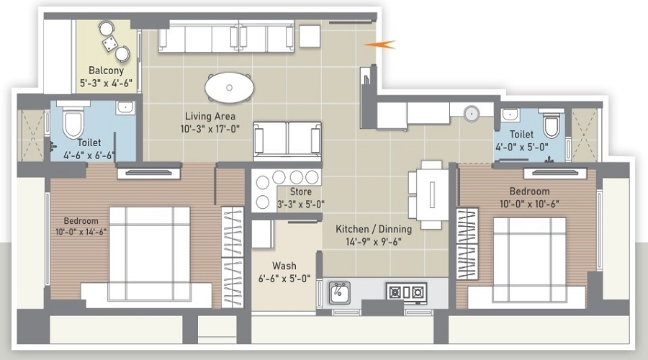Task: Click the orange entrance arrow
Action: click(381, 45)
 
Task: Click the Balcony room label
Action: click(107, 71)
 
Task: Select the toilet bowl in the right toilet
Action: click(552, 124)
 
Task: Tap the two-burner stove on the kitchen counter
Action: click(406, 292)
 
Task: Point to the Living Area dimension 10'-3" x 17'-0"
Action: click(210, 129)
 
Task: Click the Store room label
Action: click(300, 192)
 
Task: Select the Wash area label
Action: click(284, 266)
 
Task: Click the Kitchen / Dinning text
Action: click(374, 229)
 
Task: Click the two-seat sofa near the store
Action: click(286, 138)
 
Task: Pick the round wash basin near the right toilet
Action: click(472, 113)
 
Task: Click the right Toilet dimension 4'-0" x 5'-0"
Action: click(521, 146)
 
